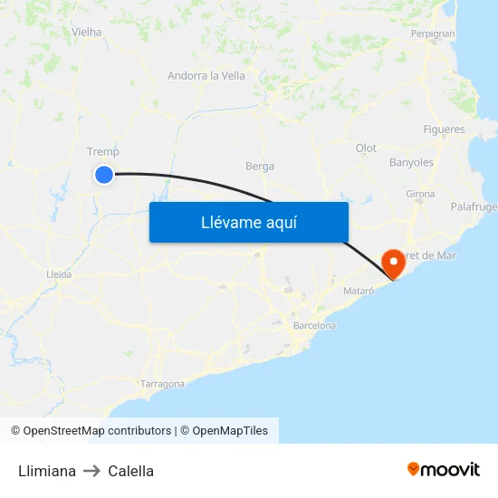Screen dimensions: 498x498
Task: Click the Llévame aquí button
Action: coord(248,222)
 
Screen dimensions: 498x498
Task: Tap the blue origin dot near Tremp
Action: coord(104,175)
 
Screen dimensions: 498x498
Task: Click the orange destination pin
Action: coord(395,263)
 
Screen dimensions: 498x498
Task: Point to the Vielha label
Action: coord(87,32)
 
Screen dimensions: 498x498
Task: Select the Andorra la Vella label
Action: coord(206,76)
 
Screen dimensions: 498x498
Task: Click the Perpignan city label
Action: coord(433,34)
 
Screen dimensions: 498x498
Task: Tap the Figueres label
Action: coord(444,129)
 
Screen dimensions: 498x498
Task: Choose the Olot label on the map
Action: coord(366,148)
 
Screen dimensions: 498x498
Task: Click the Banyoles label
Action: coord(411,163)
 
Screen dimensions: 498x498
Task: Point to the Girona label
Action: coord(420,194)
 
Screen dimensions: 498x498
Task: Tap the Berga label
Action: coord(260,167)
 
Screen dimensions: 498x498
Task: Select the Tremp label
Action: coord(102,152)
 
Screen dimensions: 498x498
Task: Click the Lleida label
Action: coord(59,273)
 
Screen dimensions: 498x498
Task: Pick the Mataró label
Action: coord(359,290)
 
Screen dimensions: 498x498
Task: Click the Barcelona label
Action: coord(314,325)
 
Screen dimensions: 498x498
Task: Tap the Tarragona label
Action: coord(163,384)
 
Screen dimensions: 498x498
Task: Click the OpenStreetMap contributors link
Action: coord(97,431)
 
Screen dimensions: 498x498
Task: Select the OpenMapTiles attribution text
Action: coord(230,431)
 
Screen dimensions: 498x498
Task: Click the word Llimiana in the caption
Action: coord(47,471)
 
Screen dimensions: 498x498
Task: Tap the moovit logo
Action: coord(444,470)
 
